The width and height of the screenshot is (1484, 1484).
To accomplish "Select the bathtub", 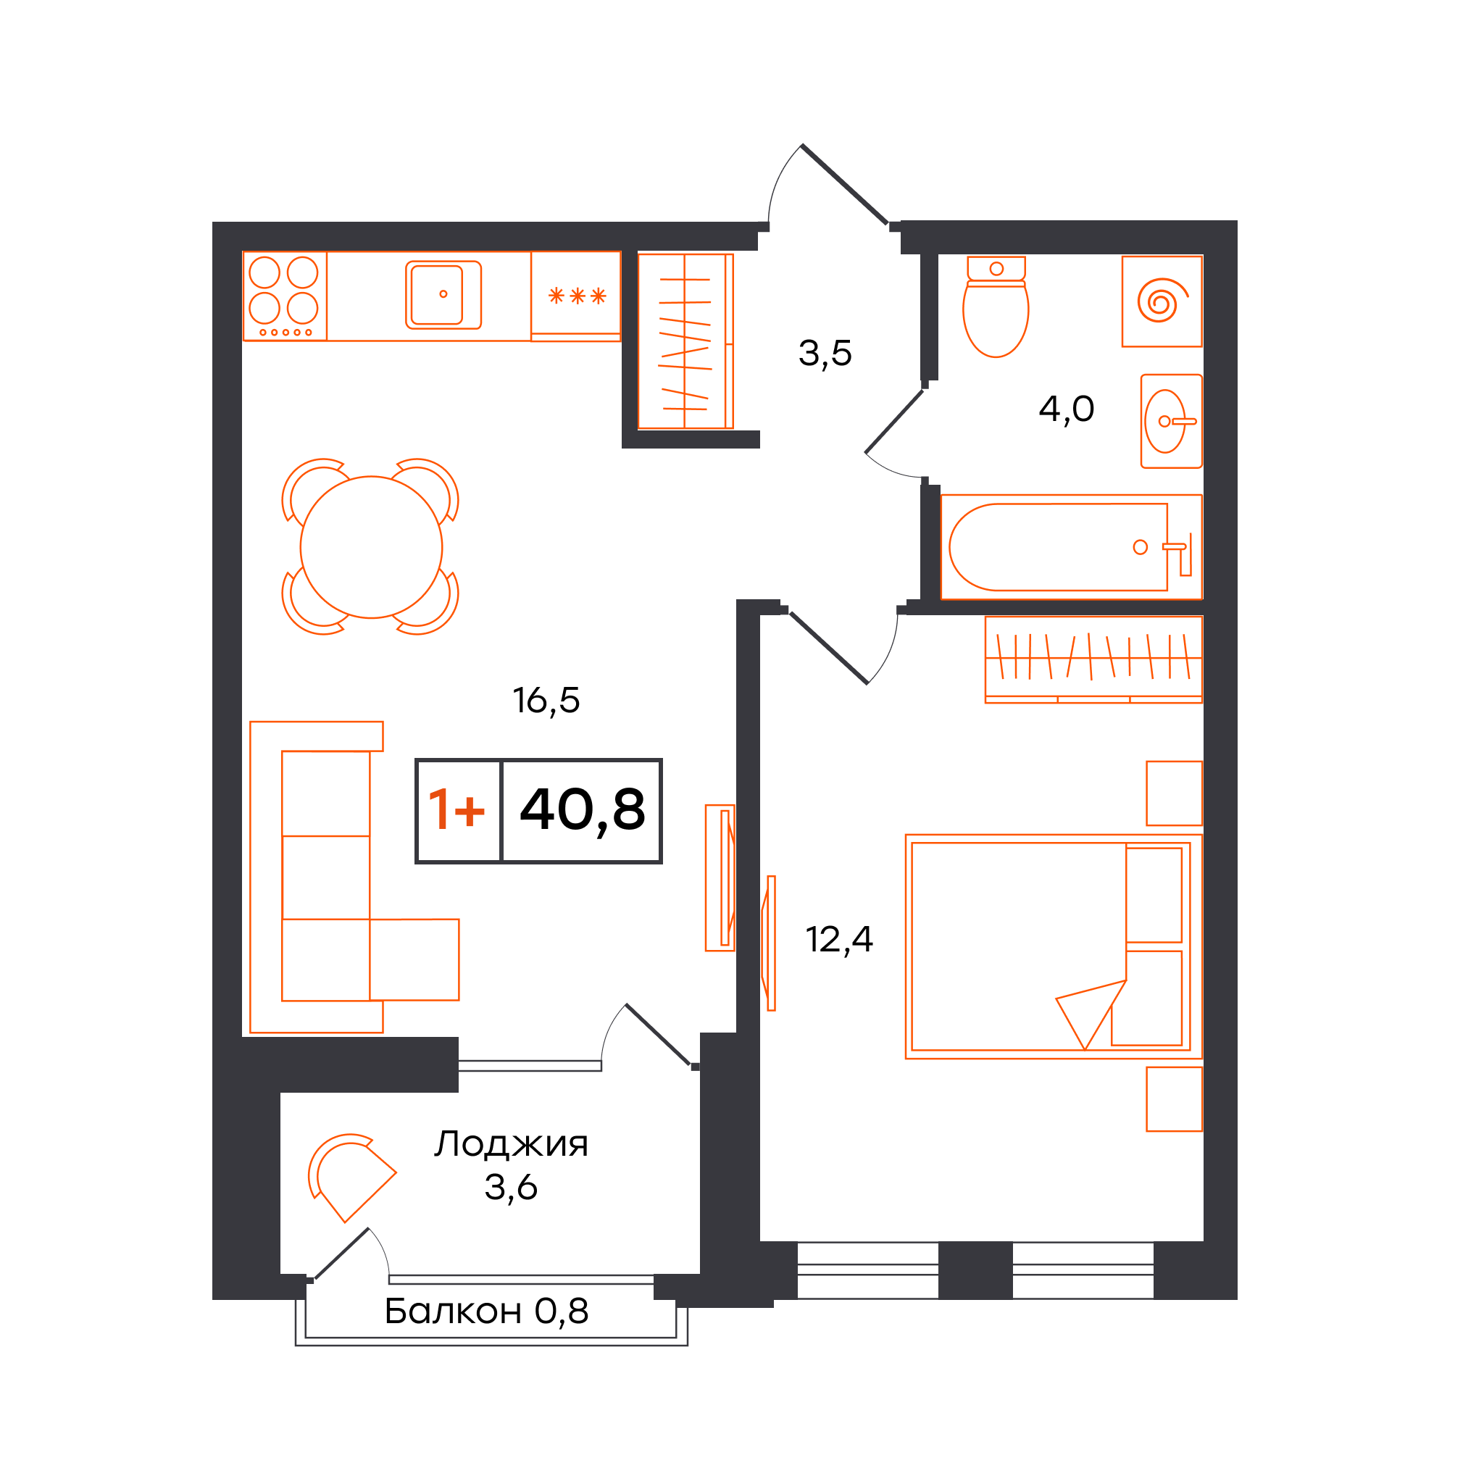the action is [x=1071, y=547].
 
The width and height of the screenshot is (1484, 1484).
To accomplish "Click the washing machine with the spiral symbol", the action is [x=1162, y=301].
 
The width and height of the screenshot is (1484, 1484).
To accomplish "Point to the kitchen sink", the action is [x=443, y=295].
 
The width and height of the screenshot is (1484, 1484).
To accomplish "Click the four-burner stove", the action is [x=284, y=296].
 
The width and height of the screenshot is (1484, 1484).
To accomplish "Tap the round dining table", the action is [x=371, y=547].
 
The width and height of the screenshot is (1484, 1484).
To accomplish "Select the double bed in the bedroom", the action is [x=1053, y=946].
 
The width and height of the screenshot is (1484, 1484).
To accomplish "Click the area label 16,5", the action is [x=546, y=701].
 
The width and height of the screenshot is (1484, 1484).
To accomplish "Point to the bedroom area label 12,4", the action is [x=839, y=939].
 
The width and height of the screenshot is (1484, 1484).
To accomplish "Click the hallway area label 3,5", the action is [x=825, y=354].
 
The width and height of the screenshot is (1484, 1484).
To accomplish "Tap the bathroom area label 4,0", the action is [x=1066, y=409].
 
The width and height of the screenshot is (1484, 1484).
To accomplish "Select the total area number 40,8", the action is [x=583, y=811].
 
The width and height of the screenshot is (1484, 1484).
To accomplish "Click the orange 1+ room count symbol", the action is [x=457, y=809].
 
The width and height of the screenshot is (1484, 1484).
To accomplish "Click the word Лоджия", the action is [x=511, y=1143].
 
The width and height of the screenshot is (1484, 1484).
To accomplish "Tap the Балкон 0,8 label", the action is [x=486, y=1311].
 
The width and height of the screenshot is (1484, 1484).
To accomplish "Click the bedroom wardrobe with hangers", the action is [x=1093, y=659].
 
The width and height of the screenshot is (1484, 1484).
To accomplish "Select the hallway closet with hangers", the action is [x=685, y=341].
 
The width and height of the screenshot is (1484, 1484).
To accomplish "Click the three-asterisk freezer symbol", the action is [x=577, y=296].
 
